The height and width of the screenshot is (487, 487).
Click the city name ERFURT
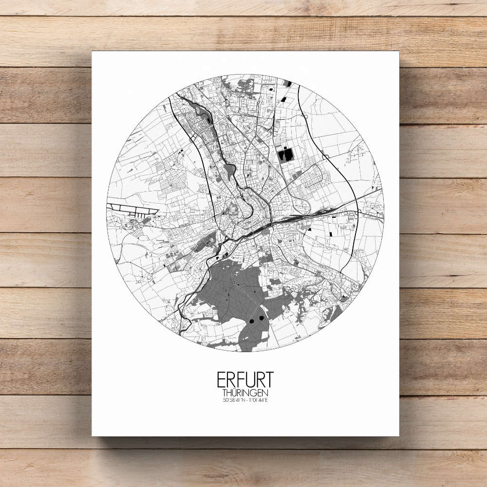point(245,380)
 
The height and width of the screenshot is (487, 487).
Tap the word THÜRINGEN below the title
point(245,393)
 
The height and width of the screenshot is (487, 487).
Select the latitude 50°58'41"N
point(233,400)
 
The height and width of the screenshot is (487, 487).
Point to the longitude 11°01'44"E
point(258,400)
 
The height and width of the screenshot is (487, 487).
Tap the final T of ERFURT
point(269,380)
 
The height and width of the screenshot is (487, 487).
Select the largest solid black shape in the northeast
point(287,155)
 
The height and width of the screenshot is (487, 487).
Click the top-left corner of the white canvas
point(93,52)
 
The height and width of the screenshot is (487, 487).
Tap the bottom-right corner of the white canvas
point(398,435)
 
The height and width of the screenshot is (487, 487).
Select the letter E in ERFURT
point(222,380)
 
